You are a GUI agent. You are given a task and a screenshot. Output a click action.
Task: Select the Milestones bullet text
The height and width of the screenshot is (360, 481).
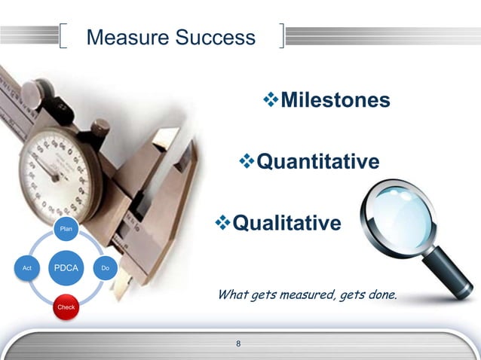335,100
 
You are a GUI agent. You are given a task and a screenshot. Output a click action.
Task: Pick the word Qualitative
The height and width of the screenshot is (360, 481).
286,223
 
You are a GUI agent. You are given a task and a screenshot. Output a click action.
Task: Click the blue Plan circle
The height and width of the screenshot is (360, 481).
66,228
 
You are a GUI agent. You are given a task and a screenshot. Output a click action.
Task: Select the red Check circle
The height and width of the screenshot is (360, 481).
66,307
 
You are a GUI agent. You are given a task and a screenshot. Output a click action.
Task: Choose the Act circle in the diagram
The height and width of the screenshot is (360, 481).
27,267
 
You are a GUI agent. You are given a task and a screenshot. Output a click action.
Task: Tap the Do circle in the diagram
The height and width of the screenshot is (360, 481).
106,267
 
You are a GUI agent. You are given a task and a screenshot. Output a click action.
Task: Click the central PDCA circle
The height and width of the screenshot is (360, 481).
66,267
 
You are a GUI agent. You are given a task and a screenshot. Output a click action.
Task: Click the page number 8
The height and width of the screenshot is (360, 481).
239,344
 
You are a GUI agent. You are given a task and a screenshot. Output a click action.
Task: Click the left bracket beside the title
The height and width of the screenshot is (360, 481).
63,37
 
